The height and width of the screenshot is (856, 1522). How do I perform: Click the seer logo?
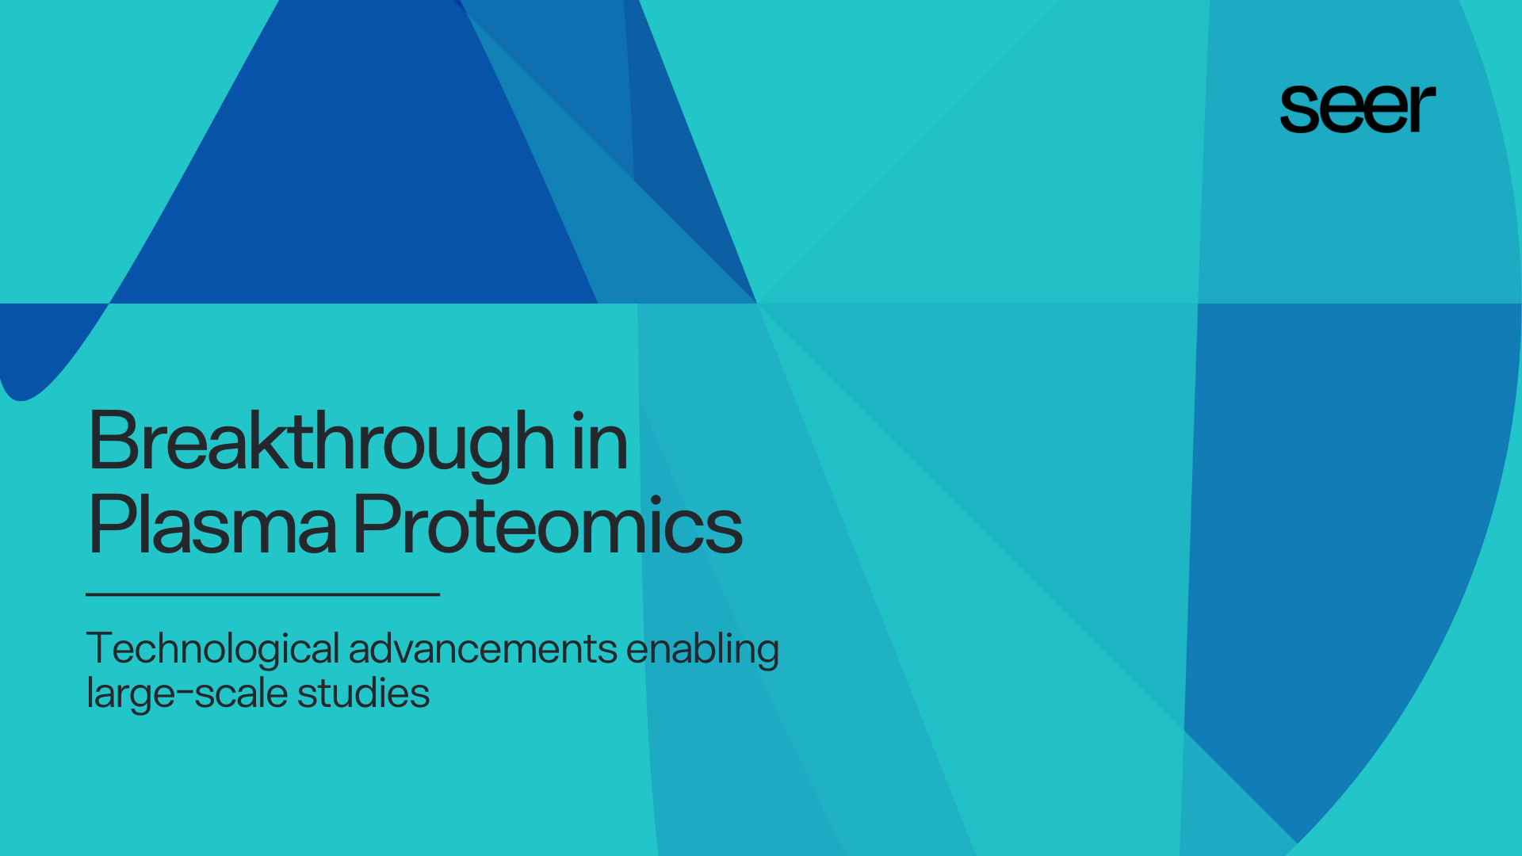coord(1357,109)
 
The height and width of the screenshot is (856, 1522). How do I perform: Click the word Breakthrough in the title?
coord(321,442)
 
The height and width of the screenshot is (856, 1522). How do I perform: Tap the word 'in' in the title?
coord(600,442)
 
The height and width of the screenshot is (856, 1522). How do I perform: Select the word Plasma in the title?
coord(212,525)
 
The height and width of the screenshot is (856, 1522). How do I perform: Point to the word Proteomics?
coord(547,525)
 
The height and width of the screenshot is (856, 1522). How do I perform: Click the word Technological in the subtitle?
coord(212,649)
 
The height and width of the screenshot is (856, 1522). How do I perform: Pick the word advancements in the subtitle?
coord(483,649)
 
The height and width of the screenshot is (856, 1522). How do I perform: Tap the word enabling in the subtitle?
coord(702,649)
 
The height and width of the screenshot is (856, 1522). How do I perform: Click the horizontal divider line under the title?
coord(262,594)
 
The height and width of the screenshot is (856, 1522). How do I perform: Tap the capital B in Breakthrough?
coord(113,441)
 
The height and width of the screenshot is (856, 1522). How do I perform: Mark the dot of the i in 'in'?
coord(579,416)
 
